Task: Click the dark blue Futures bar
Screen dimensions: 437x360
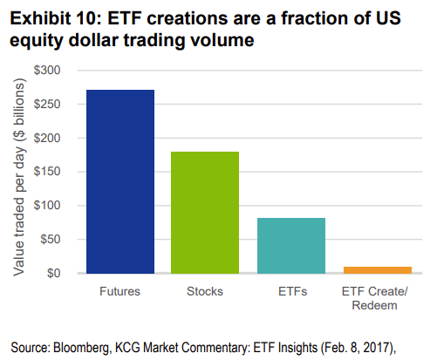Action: tap(120, 181)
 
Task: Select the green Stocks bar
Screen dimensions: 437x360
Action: tap(205, 213)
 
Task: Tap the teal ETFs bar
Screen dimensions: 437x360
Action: tap(291, 246)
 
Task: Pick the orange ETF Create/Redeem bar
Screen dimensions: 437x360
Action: tap(378, 270)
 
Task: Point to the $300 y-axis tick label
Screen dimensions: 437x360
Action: tap(47, 71)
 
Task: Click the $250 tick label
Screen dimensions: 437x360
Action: tap(47, 104)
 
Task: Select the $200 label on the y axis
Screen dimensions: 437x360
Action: tap(47, 138)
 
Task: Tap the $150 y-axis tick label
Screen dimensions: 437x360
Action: tap(47, 172)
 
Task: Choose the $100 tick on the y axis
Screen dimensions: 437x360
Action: tap(47, 206)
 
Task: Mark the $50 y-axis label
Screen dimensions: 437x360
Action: tap(51, 240)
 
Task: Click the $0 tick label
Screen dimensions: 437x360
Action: tap(53, 273)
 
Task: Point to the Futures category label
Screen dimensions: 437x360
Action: tap(119, 291)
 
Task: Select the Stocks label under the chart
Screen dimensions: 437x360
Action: tap(205, 291)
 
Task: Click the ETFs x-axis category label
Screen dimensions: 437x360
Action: tap(292, 291)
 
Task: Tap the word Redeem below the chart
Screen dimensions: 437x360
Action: tap(374, 305)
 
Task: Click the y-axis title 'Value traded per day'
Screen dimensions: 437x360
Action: tap(19, 211)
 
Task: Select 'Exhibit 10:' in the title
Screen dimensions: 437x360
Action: tap(55, 18)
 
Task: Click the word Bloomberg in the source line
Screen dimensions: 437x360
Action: tap(81, 348)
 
